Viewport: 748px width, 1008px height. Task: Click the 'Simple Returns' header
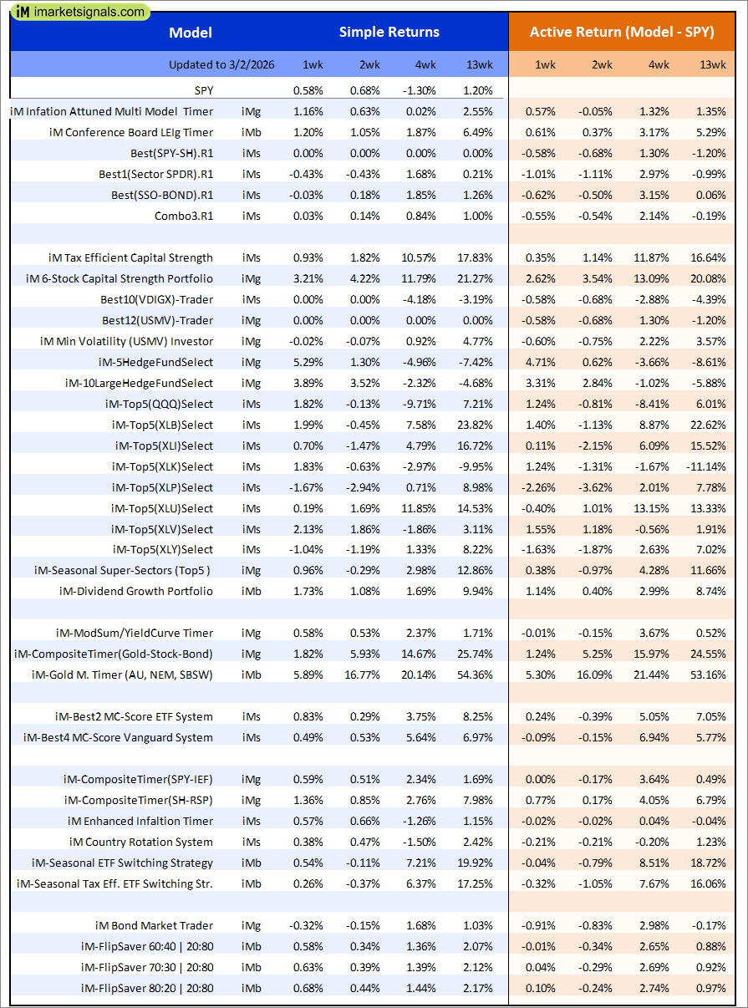pos(389,33)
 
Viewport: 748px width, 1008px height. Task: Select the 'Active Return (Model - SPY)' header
pos(622,33)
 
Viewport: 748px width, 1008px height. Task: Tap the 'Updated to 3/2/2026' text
pos(221,64)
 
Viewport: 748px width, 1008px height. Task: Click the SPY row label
pos(201,90)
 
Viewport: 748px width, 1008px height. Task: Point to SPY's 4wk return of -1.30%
pos(420,90)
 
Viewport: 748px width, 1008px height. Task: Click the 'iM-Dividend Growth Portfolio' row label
pos(136,591)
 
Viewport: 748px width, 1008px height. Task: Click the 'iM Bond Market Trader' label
pos(154,925)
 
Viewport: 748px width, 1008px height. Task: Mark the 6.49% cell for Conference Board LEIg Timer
pos(478,132)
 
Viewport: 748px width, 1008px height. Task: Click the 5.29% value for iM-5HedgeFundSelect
pos(308,362)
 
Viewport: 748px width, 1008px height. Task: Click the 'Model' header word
pos(191,33)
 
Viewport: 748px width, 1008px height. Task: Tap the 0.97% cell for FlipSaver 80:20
pos(710,988)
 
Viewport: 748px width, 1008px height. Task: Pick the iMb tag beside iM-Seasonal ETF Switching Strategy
pos(251,863)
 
